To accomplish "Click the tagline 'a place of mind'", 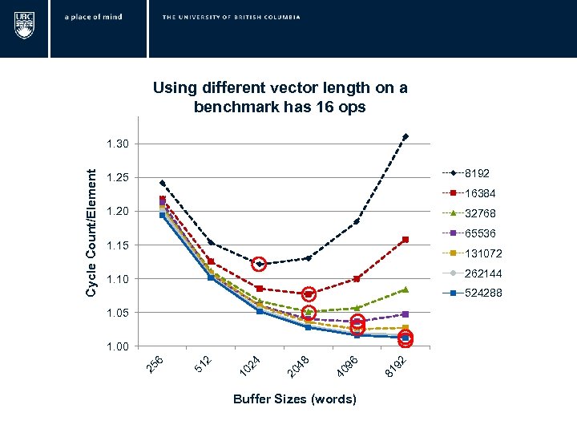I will pos(94,17).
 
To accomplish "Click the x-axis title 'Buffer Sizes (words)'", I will pos(294,399).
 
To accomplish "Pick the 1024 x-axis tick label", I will pos(250,366).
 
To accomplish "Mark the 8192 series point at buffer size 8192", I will pos(406,137).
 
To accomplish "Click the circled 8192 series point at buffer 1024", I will pos(259,264).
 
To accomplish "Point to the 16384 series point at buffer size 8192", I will pos(406,240).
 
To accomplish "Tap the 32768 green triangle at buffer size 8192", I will pos(406,289).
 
